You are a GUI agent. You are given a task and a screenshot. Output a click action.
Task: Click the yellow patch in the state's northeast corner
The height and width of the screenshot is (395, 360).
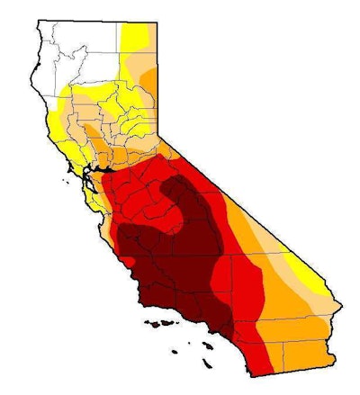(134, 36)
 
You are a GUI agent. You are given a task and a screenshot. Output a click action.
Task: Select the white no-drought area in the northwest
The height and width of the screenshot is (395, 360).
(76, 54)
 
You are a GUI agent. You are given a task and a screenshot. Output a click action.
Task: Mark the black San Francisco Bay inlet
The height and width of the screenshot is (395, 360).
(90, 168)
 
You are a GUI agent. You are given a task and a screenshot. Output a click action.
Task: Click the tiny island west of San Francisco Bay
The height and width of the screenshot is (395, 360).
(66, 186)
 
